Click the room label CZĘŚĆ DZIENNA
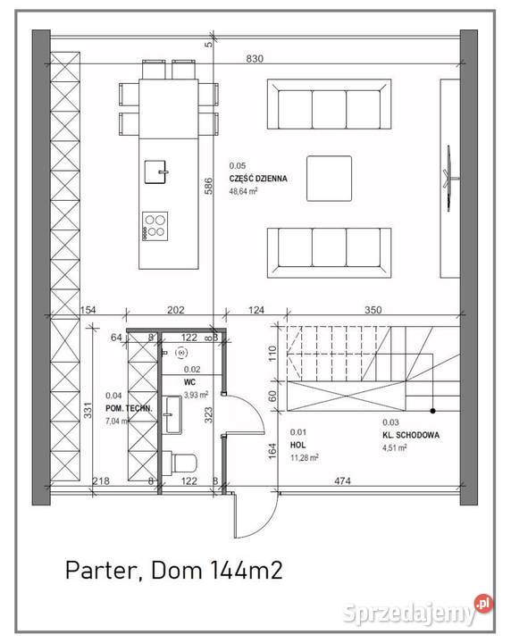257,179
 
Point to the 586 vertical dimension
207,187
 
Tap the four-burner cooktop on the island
155,224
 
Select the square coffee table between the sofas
330,179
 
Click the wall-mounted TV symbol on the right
449,179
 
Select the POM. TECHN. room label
129,408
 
